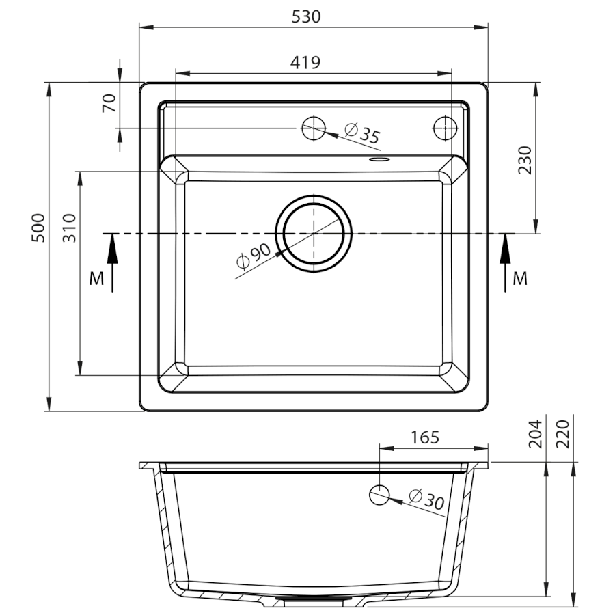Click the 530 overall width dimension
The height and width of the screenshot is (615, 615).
(306, 17)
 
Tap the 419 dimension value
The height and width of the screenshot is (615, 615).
(305, 62)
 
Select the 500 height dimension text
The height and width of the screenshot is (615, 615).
(38, 228)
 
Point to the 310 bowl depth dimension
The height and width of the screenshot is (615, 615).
(69, 228)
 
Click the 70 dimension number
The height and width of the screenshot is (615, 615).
(109, 103)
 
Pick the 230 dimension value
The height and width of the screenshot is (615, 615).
(525, 161)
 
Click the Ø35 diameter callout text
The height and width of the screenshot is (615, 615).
(362, 133)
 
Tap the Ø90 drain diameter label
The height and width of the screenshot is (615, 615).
(254, 256)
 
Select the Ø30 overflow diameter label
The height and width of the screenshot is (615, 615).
(426, 499)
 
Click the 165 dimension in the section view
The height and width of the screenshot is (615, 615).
(425, 437)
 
